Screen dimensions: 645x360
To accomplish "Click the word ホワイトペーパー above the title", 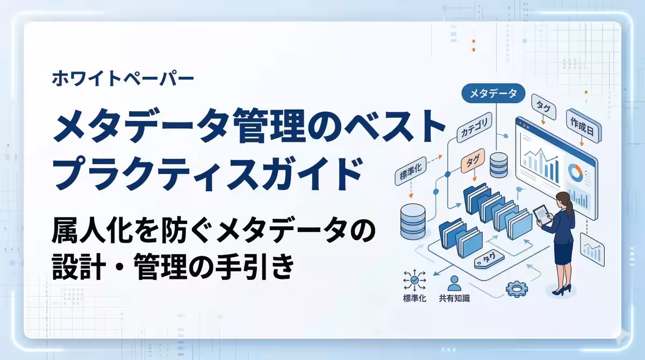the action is pyautogui.click(x=123, y=78).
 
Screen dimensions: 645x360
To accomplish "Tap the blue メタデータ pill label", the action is pyautogui.click(x=493, y=93).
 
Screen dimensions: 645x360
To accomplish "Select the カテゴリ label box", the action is pyautogui.click(x=474, y=127).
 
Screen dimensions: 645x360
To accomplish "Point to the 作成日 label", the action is pyautogui.click(x=584, y=126).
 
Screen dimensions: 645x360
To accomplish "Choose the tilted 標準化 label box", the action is pyautogui.click(x=410, y=171).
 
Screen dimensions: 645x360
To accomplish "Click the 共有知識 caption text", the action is pyautogui.click(x=454, y=298).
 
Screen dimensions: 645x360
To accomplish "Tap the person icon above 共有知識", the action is pyautogui.click(x=454, y=283).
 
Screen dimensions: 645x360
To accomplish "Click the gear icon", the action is pyautogui.click(x=517, y=289).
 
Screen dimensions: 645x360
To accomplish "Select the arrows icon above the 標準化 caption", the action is pyautogui.click(x=414, y=280).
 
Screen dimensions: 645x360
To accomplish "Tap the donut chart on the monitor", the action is pyautogui.click(x=575, y=173).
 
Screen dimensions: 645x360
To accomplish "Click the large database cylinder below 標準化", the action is pyautogui.click(x=413, y=221).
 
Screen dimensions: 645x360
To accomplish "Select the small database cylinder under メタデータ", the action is pyautogui.click(x=498, y=164).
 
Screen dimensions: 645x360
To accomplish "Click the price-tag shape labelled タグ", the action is pyautogui.click(x=489, y=259).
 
